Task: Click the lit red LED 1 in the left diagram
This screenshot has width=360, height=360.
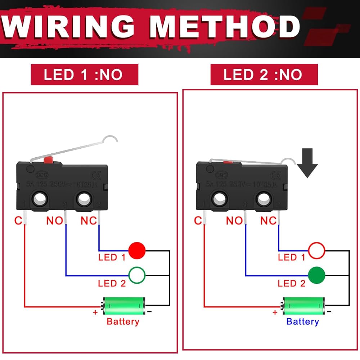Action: pyautogui.click(x=137, y=250)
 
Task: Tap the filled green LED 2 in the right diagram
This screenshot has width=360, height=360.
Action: pyautogui.click(x=316, y=275)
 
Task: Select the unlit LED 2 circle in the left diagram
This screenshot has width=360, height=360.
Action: pyautogui.click(x=137, y=275)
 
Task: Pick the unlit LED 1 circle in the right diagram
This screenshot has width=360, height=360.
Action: pyautogui.click(x=316, y=250)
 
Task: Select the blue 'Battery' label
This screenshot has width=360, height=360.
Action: pyautogui.click(x=302, y=321)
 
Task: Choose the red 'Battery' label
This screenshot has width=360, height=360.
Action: pyautogui.click(x=123, y=321)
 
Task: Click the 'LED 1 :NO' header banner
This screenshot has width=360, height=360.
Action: pyautogui.click(x=84, y=75)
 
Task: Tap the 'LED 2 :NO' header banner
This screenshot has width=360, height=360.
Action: pyautogui.click(x=264, y=75)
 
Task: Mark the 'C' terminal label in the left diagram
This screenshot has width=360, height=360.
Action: pyautogui.click(x=18, y=220)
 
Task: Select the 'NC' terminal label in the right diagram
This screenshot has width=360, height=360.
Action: pyautogui.click(x=269, y=220)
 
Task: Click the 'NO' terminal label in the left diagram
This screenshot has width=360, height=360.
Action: pyautogui.click(x=55, y=220)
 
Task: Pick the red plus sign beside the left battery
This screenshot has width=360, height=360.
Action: pyautogui.click(x=95, y=312)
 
